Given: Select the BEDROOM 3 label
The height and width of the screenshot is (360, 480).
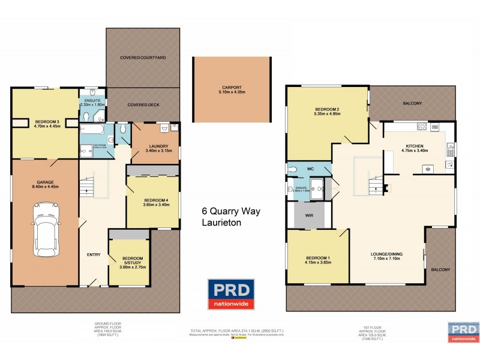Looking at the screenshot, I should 44,121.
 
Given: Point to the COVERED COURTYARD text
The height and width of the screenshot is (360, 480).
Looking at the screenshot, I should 142,58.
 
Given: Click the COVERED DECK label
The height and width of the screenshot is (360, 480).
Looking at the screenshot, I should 143,104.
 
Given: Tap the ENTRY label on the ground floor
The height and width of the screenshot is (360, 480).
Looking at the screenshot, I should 94,255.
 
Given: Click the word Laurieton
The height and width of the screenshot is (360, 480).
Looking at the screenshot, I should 221,224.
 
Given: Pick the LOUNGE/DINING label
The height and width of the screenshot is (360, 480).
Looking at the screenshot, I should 386,254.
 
